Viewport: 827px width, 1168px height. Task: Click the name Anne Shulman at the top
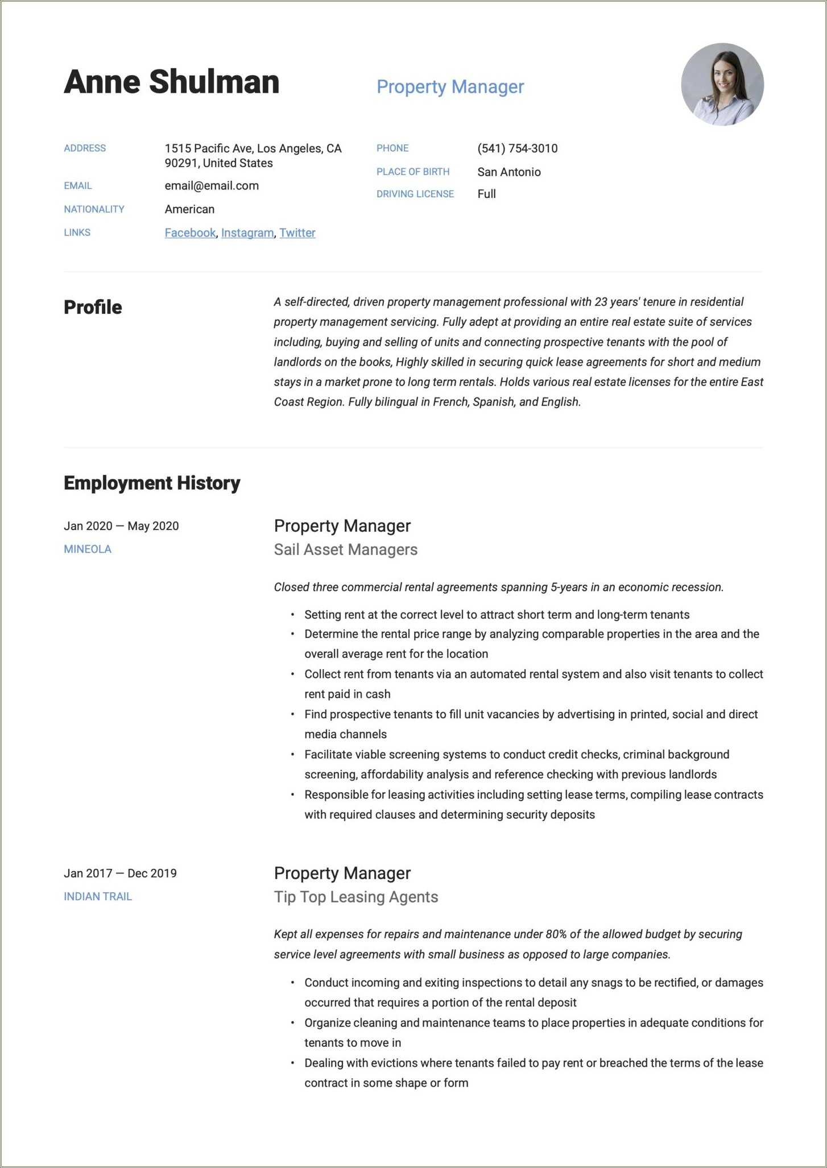pos(171,82)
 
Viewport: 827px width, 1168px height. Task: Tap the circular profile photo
pos(722,85)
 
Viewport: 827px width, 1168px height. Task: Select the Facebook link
pos(190,233)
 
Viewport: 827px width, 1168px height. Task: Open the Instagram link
pos(247,233)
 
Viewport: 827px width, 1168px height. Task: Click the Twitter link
pos(297,233)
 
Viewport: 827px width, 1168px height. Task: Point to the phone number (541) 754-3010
pos(517,148)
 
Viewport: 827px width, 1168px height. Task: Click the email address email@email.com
pos(212,186)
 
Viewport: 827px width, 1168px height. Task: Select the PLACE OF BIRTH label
pos(412,172)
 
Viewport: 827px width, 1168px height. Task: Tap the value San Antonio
pos(508,172)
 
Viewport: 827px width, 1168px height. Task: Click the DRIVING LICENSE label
pos(415,194)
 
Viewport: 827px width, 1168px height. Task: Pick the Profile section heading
pos(93,307)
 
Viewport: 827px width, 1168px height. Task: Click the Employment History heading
pos(152,483)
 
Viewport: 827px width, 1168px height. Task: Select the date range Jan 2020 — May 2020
pos(121,526)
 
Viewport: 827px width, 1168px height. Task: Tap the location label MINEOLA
pos(88,549)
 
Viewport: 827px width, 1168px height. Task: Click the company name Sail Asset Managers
pos(345,550)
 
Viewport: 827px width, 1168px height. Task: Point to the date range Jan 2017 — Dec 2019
pos(120,873)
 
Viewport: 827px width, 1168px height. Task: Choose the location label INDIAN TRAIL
pos(98,897)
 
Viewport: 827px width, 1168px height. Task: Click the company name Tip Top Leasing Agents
pos(355,897)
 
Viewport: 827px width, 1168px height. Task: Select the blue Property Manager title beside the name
pos(450,87)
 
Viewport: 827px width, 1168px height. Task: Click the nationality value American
pos(189,209)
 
